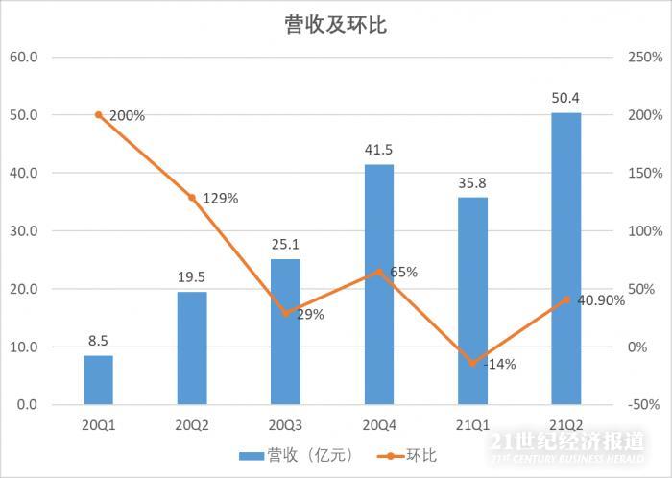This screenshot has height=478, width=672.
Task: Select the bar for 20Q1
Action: click(x=98, y=380)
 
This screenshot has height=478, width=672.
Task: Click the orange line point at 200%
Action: click(x=98, y=115)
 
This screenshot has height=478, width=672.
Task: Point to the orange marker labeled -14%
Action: click(x=472, y=363)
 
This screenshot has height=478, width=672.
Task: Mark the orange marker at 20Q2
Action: click(x=191, y=198)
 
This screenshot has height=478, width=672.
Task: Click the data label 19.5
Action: click(x=191, y=278)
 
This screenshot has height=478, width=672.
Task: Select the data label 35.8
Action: click(x=472, y=183)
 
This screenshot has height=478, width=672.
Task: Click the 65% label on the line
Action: click(x=403, y=272)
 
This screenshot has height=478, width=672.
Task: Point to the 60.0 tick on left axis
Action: click(x=23, y=57)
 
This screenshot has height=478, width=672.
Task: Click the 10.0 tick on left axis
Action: click(x=23, y=347)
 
